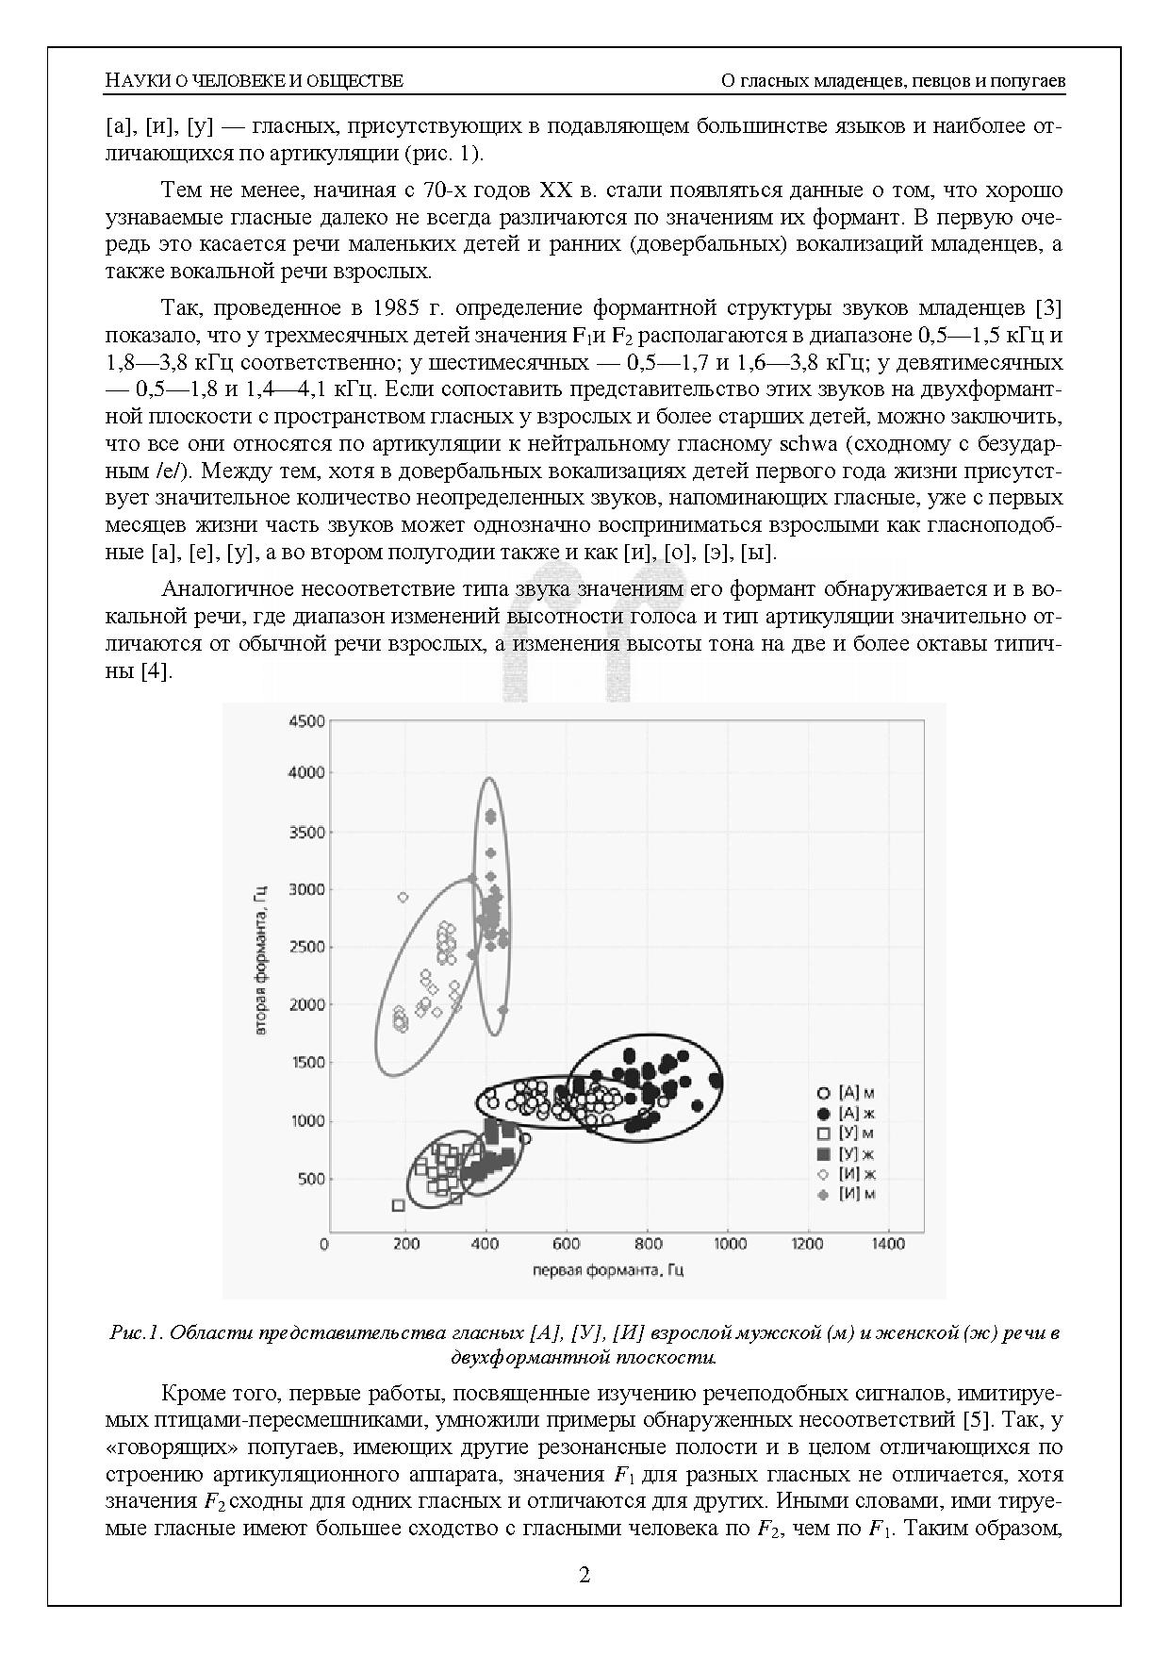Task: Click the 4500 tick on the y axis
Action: click(305, 721)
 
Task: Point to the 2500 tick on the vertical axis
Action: click(305, 947)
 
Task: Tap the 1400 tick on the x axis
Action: click(888, 1244)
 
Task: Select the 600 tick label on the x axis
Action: click(566, 1244)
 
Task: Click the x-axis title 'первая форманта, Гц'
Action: click(608, 1269)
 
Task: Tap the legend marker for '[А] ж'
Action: click(823, 1114)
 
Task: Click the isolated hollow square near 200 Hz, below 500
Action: click(398, 1205)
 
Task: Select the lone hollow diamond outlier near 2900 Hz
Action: click(403, 897)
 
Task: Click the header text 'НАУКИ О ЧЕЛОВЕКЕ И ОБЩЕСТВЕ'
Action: click(254, 80)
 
